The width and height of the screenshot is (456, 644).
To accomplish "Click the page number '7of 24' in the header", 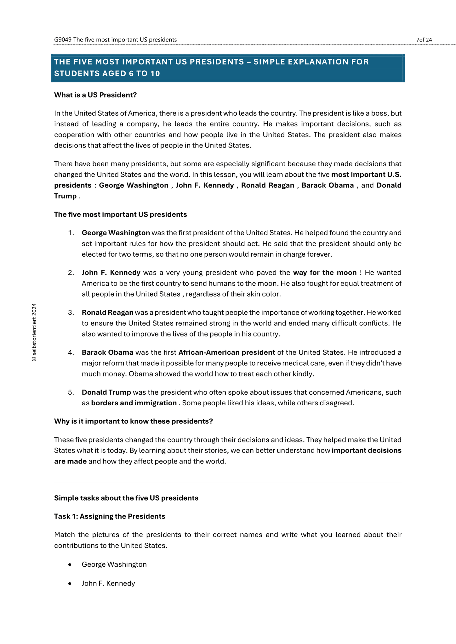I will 424,40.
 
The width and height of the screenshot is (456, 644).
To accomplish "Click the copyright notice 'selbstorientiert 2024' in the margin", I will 34,332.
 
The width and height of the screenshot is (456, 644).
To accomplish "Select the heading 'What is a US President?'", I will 95,95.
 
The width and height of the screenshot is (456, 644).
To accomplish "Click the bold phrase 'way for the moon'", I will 325,273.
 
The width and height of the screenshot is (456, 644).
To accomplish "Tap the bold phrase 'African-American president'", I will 227,353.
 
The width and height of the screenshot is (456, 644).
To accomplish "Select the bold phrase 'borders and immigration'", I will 134,403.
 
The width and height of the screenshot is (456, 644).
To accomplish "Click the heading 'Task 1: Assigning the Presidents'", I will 110,516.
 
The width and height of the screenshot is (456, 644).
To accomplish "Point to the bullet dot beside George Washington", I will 70,565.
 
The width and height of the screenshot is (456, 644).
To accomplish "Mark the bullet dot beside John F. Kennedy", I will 70,584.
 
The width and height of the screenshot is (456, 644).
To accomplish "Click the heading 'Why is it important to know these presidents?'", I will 134,421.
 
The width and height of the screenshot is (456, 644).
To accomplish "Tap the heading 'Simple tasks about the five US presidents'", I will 126,498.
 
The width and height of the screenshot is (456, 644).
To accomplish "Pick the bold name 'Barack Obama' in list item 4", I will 107,353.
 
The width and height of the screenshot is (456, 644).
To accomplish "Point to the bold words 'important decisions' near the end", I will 367,451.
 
